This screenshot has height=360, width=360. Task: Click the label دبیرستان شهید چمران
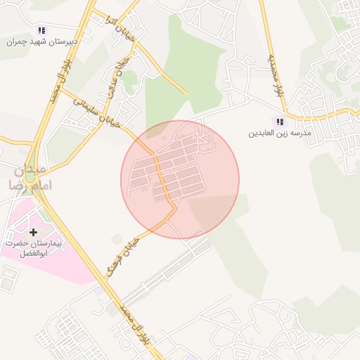click(x=41, y=41)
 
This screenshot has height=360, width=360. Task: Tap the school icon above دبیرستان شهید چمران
click(x=41, y=30)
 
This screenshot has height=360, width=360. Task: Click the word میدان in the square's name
click(x=29, y=170)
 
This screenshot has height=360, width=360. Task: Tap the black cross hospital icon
click(x=33, y=231)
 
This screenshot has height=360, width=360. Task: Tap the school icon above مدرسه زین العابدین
click(x=281, y=122)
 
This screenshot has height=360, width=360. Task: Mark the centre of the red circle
click(x=180, y=179)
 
